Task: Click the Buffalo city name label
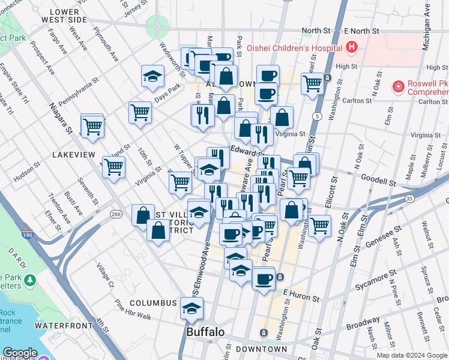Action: point(205,332)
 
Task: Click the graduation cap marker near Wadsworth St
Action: point(152,76)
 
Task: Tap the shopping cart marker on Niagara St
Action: point(92,126)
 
